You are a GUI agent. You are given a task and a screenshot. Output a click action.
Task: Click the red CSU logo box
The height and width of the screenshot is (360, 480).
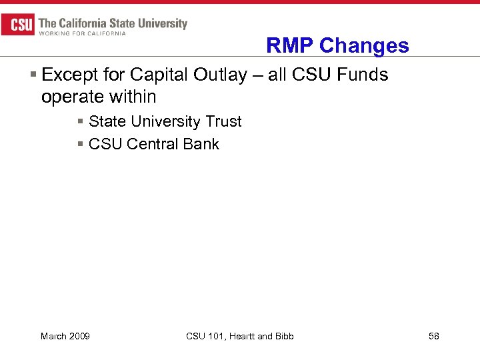18,25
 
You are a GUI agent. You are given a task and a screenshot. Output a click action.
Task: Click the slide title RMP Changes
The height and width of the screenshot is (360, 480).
337,45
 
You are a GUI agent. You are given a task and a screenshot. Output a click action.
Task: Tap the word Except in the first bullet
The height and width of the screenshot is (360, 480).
69,75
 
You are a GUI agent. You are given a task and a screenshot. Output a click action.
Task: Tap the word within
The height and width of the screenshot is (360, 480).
133,97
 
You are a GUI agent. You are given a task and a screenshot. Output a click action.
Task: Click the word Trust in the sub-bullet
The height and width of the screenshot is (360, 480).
223,122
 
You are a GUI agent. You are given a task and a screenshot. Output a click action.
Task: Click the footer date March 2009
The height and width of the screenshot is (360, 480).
65,336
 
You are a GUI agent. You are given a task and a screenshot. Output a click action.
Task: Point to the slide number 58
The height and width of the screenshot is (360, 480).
433,336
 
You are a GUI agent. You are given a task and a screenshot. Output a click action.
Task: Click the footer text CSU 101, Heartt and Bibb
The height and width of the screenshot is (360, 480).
240,336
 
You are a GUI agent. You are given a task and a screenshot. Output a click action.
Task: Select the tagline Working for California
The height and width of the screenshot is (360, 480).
82,33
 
